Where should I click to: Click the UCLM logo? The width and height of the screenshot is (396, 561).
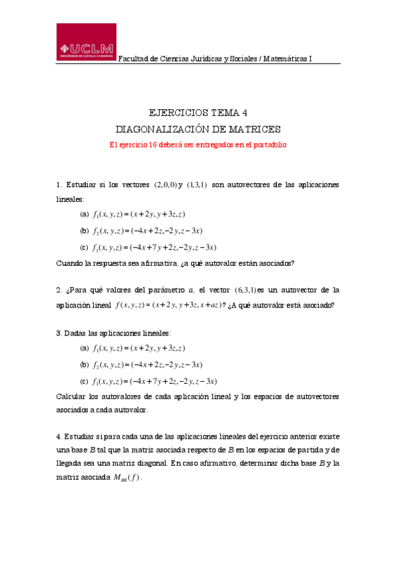coord(86,44)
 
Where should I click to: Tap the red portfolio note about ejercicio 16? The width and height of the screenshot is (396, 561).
coord(198,144)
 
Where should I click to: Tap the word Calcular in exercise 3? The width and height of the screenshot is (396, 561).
coord(71,396)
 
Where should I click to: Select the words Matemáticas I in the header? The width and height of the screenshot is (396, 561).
coord(288,59)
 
